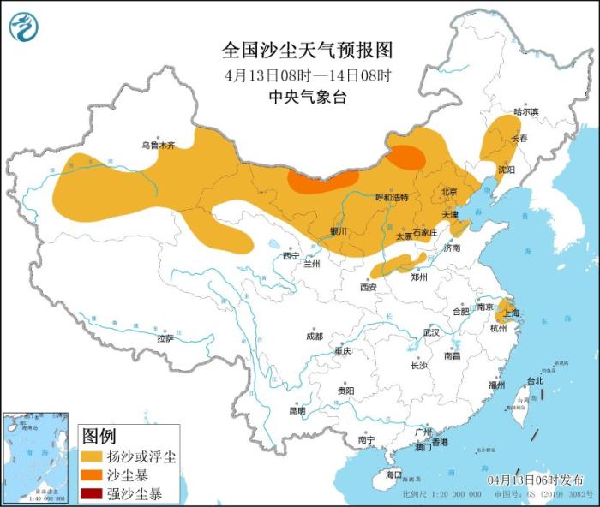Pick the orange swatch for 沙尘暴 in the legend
coord(93,475)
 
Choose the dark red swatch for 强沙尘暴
coord(93,493)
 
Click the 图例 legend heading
coord(99,436)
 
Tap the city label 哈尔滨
coord(525,111)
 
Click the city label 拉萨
coord(165,338)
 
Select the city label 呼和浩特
coord(392,197)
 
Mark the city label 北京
coord(449,191)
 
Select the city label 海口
coord(393,474)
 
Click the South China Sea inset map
coord(35,457)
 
